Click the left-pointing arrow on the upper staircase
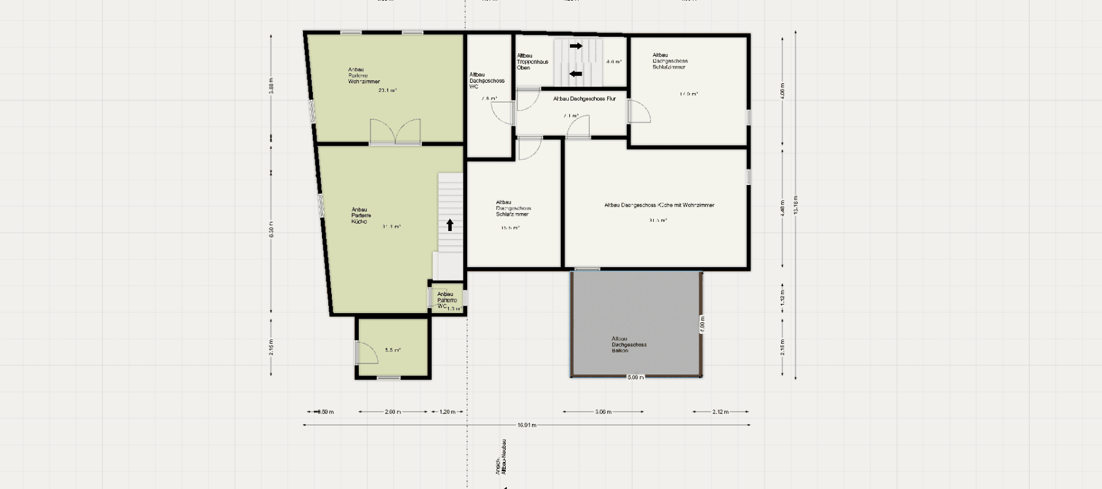(576, 74)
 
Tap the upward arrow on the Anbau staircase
(450, 225)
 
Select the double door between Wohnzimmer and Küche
(395, 132)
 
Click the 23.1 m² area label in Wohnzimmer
(387, 91)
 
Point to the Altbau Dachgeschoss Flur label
(584, 99)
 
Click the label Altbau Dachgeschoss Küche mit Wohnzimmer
(659, 205)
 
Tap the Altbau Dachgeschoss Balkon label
(629, 344)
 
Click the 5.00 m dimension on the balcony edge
(635, 377)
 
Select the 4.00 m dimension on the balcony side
(702, 324)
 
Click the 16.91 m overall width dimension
(527, 425)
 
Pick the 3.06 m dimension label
(603, 412)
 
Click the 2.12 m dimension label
(721, 412)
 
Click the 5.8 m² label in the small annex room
(392, 351)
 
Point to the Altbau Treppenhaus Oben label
(532, 62)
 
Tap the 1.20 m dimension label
(448, 412)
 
